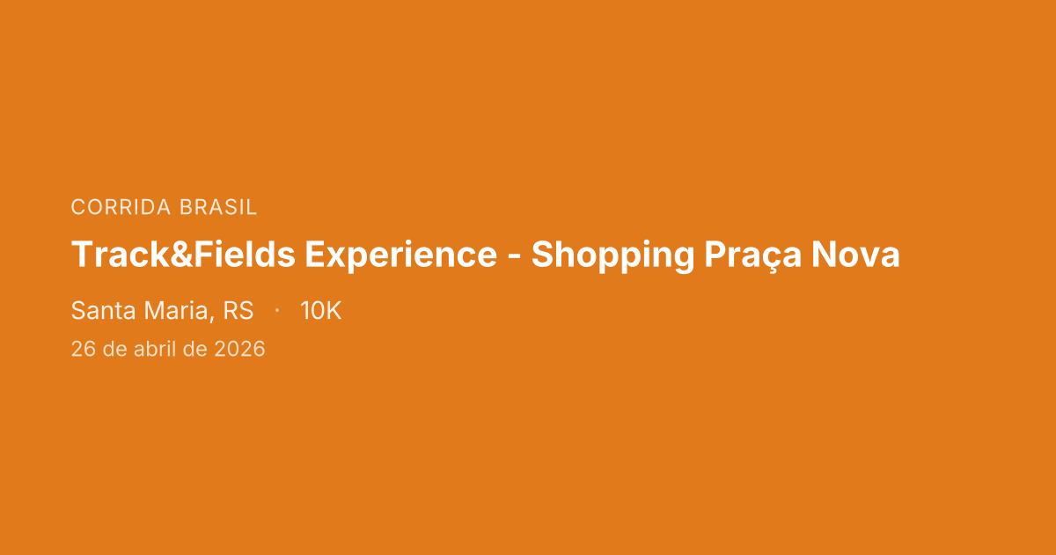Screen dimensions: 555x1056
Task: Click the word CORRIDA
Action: (x=121, y=208)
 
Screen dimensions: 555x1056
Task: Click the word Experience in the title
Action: (x=400, y=255)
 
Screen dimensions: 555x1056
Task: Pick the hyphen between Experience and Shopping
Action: (x=514, y=257)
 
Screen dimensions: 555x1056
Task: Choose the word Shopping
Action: (x=612, y=255)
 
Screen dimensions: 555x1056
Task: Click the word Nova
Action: (x=855, y=255)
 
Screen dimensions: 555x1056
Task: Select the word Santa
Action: (x=99, y=311)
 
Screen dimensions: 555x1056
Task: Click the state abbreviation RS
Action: (x=238, y=311)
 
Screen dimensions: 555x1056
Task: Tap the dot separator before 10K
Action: (x=277, y=311)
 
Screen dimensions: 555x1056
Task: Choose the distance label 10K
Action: (x=320, y=311)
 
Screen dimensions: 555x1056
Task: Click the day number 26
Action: (x=83, y=349)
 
